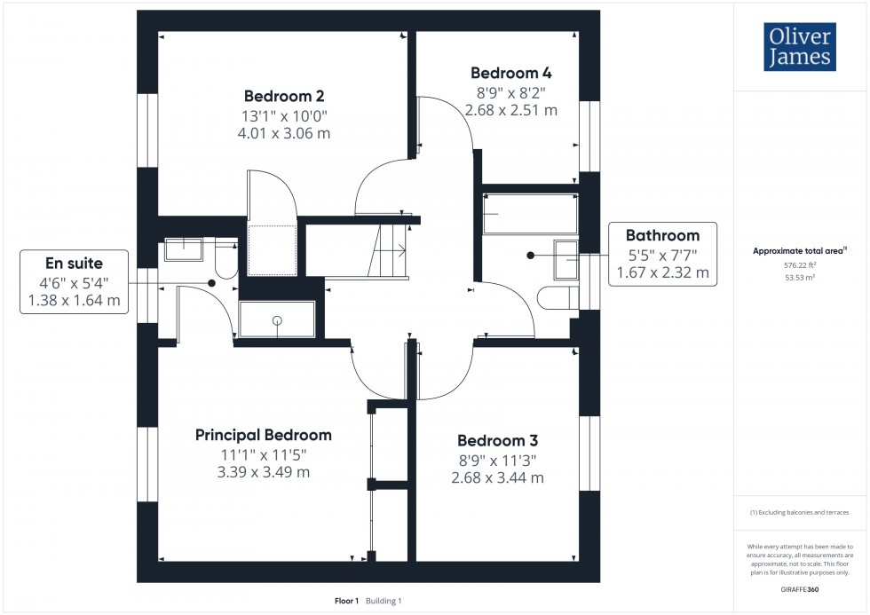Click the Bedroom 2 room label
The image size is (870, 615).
pos(283,96)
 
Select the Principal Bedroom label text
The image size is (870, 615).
pos(264,435)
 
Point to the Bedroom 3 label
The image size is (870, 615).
pos(497,440)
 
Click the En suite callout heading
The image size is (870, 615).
pos(75,263)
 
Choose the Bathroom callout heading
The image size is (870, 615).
pos(662,235)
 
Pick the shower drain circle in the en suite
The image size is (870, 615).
pos(277,319)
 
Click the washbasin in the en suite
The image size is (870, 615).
pos(184,249)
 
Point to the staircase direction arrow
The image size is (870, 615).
pos(397,249)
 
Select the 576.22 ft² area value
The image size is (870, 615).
pos(799,264)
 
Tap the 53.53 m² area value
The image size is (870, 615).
pos(799,277)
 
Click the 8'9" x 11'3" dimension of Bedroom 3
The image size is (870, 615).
pos(497,460)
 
